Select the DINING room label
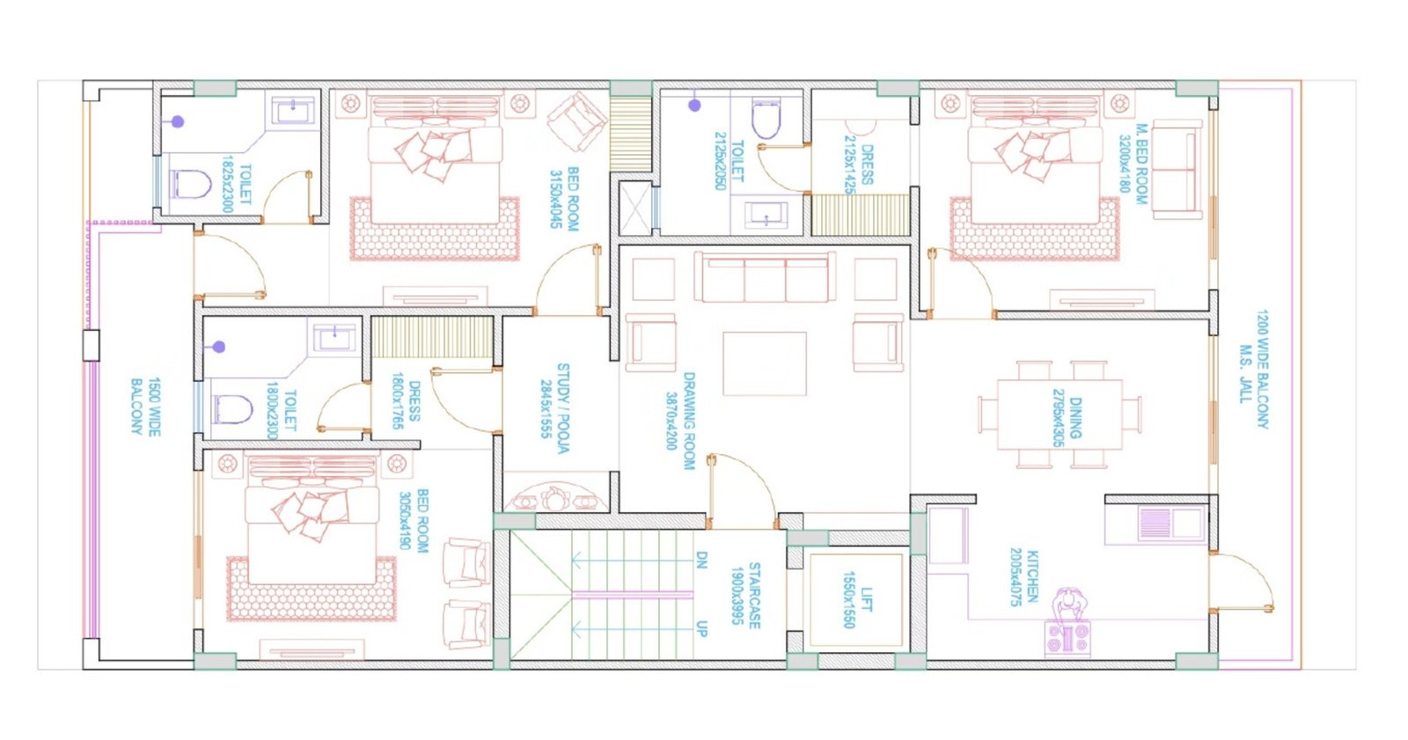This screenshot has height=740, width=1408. pos(1067,417)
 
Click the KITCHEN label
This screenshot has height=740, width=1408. pos(1023,577)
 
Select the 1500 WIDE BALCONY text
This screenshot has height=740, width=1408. pos(145,407)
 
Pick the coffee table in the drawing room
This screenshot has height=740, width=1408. pos(764,363)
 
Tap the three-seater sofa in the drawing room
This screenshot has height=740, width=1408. pos(764,276)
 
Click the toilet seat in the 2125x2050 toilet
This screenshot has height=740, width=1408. pos(765,121)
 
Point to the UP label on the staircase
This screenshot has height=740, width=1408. pos(701,628)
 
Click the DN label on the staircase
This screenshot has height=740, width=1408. pos(701,560)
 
